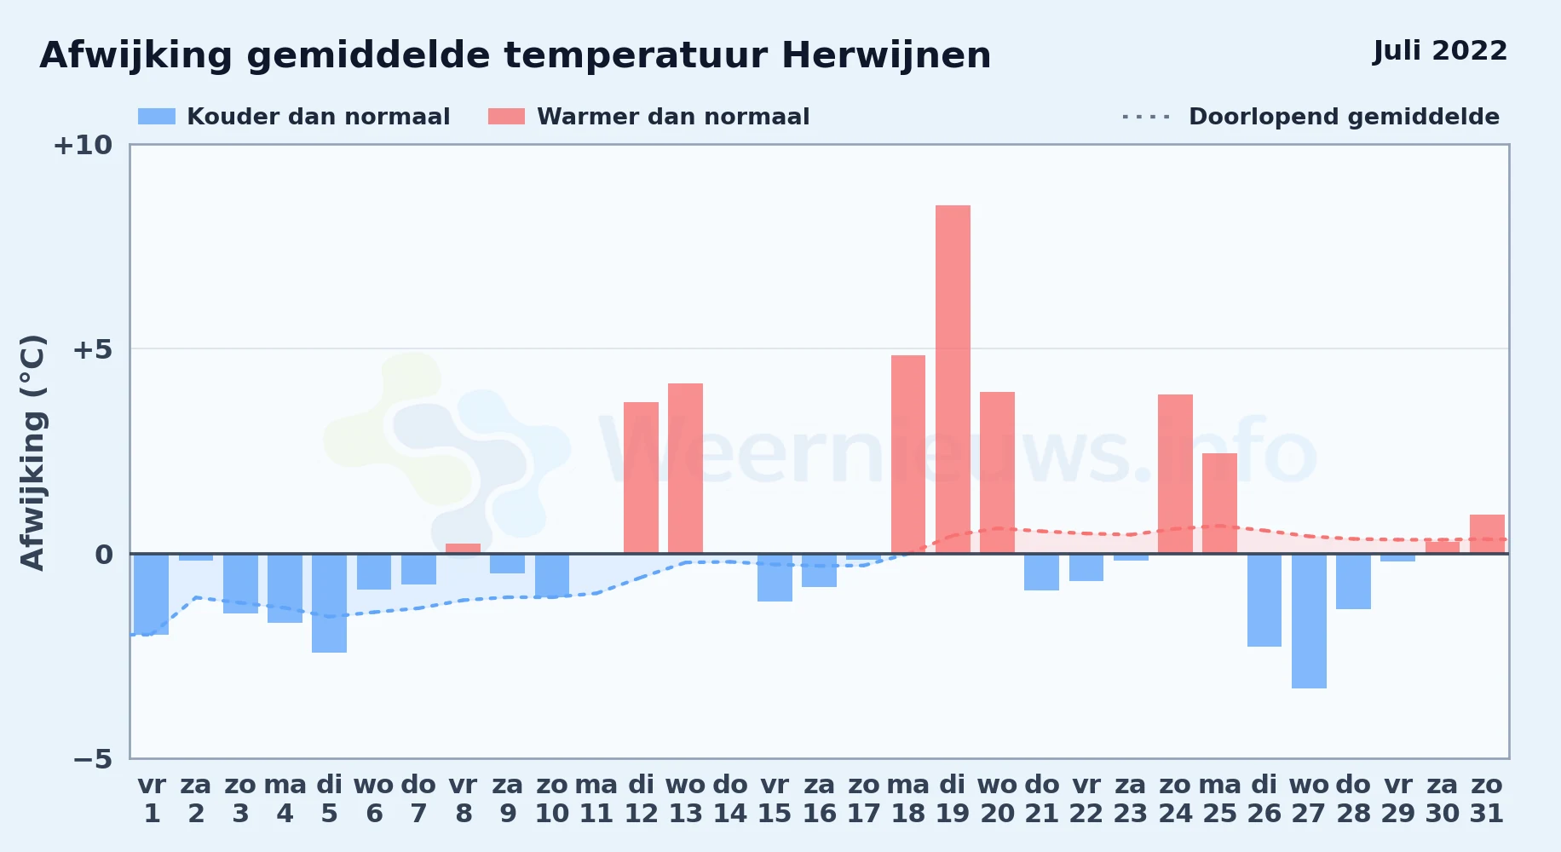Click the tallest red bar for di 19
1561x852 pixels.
click(953, 379)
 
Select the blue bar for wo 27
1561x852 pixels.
click(1309, 621)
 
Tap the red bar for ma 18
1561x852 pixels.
click(908, 454)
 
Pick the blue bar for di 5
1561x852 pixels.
click(330, 603)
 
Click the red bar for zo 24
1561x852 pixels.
click(1175, 474)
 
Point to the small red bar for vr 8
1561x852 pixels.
click(463, 549)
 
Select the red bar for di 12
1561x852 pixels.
click(641, 478)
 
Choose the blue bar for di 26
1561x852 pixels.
click(1264, 600)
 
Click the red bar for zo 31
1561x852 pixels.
click(1487, 534)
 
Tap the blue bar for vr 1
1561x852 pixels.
click(152, 594)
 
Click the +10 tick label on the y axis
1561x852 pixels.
click(83, 145)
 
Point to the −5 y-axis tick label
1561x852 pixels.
click(93, 759)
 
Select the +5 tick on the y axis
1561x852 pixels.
click(93, 349)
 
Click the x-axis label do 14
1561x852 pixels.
click(730, 799)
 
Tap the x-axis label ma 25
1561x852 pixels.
click(1220, 799)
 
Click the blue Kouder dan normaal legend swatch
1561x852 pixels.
click(157, 117)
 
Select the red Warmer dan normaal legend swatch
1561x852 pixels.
click(506, 117)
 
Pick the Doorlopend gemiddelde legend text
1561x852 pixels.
click(1344, 117)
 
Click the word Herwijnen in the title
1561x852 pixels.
click(886, 56)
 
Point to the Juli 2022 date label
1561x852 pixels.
click(1440, 50)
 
